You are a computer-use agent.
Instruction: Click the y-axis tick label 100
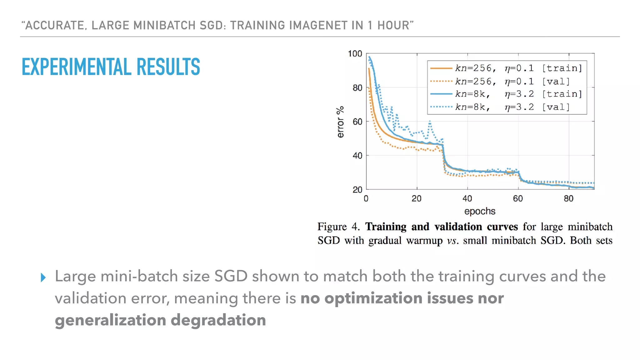(x=355, y=54)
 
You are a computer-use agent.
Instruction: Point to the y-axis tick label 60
(x=357, y=122)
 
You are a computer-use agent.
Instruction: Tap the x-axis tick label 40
(x=467, y=198)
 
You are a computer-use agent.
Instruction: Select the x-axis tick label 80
(x=568, y=198)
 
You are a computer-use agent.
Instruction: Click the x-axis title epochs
(x=480, y=211)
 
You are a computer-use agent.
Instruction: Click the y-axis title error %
(x=340, y=122)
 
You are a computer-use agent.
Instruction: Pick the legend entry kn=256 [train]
(x=506, y=68)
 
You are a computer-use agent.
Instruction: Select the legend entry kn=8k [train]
(x=506, y=94)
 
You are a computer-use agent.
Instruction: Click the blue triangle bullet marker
(x=43, y=277)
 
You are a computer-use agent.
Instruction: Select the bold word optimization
(x=373, y=298)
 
